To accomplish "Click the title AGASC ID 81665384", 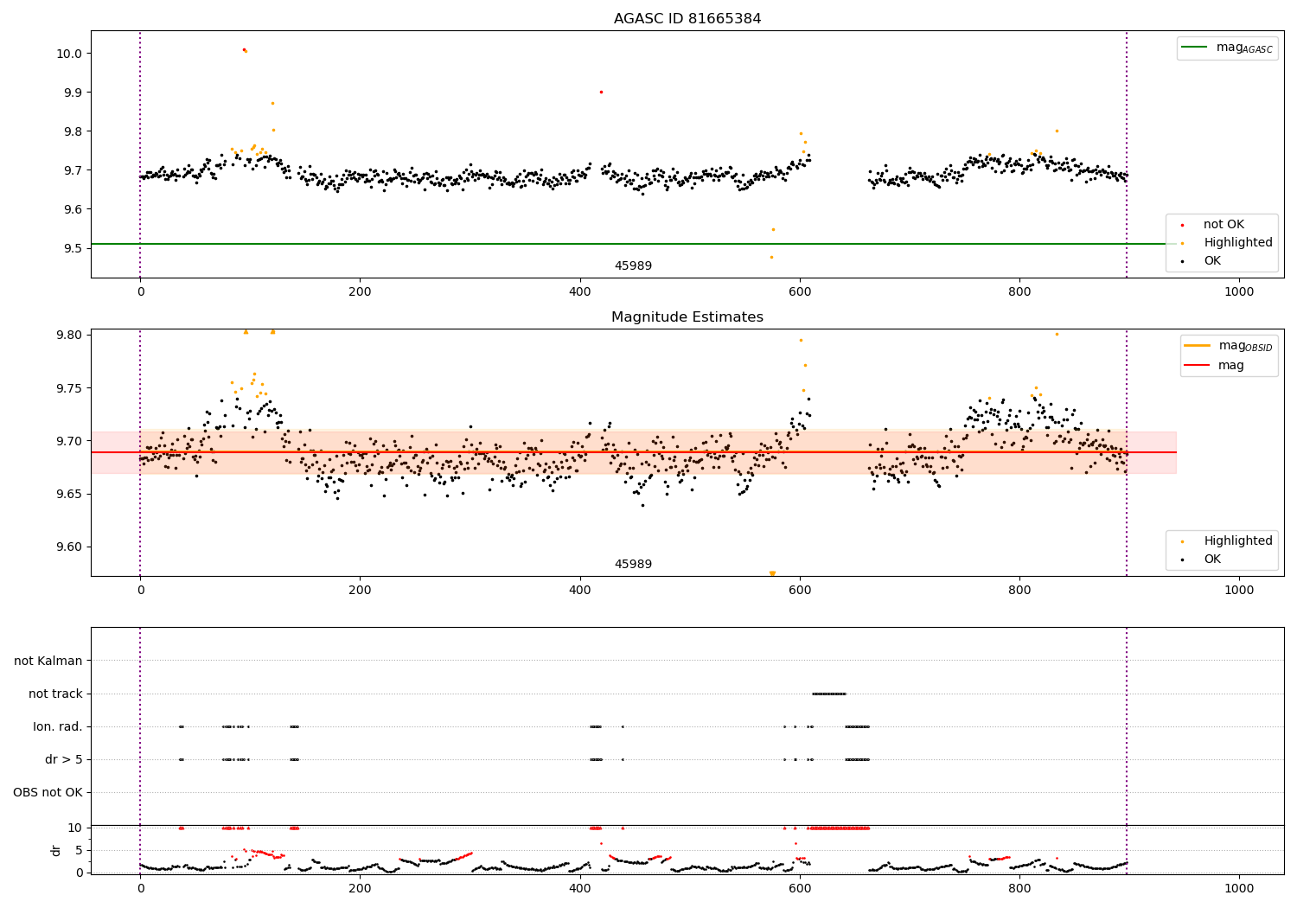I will tap(687, 19).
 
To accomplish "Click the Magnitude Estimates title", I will tap(687, 317).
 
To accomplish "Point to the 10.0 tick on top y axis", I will tap(68, 54).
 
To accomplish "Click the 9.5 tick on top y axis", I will tap(72, 248).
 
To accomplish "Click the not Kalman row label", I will tap(48, 661).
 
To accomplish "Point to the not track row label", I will tap(55, 694).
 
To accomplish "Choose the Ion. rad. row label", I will tap(58, 726).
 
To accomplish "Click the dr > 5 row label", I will tap(63, 759).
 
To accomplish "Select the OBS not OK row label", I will tap(48, 792).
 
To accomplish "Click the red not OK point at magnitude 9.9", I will tap(601, 92).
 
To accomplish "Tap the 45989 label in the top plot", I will tap(633, 266).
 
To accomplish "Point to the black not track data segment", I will tap(828, 694).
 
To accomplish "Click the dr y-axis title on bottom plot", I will tap(56, 850).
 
